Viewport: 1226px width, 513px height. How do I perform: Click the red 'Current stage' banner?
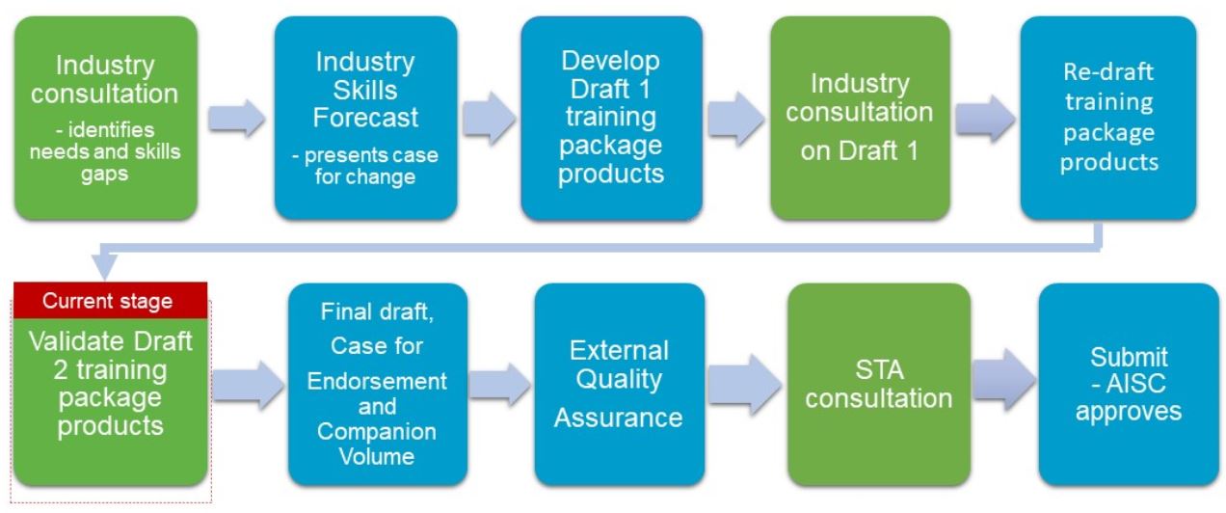click(111, 301)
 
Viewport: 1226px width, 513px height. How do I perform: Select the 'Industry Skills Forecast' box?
click(365, 118)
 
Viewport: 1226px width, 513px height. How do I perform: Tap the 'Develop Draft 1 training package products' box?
click(611, 118)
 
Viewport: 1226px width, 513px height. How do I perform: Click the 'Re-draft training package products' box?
click(1108, 118)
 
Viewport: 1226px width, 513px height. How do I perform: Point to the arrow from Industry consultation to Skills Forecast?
click(236, 118)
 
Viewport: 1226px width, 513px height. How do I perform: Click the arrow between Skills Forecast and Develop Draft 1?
click(489, 118)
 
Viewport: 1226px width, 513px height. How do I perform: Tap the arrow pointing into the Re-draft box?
click(985, 119)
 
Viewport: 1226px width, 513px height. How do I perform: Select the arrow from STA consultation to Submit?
click(1004, 380)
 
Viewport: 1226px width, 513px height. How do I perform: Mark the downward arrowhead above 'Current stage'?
click(104, 267)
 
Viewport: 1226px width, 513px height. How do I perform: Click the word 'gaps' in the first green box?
click(104, 175)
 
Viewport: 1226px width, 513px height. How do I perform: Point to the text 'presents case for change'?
click(365, 166)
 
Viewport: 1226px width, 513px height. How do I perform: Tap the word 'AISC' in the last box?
click(1135, 384)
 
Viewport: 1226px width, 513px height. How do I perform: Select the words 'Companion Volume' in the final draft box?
click(377, 444)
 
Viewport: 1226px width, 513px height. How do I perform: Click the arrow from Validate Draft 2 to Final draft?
click(249, 385)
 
